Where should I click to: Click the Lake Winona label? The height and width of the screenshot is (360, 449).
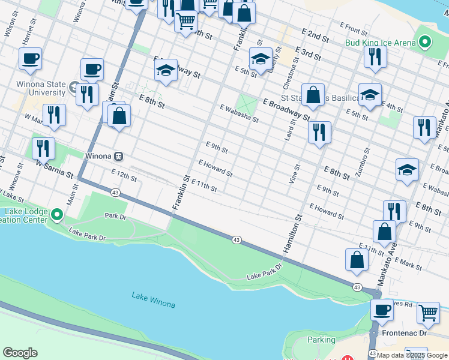[154, 300]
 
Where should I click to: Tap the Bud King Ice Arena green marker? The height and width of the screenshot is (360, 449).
[426, 42]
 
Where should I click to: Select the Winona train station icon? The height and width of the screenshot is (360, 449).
[119, 157]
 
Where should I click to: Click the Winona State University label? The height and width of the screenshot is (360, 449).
[41, 88]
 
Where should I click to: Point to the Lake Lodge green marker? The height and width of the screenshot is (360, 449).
[57, 214]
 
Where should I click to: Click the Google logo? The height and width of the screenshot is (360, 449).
[20, 353]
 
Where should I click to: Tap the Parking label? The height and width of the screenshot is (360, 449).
[321, 340]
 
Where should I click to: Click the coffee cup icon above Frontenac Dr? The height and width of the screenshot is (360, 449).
[382, 310]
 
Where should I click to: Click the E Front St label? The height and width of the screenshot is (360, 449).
[353, 28]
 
